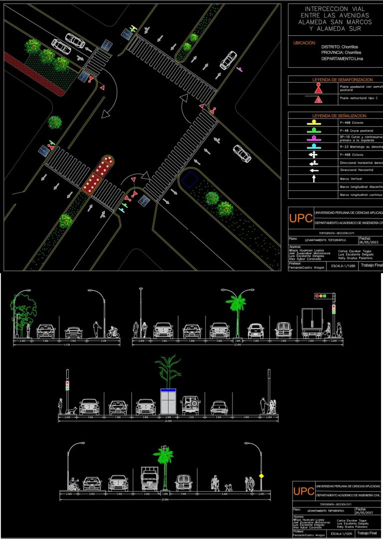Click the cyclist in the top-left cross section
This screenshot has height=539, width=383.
pyautogui.click(x=114, y=331)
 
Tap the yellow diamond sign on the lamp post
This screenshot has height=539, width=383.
pyautogui.click(x=260, y=475)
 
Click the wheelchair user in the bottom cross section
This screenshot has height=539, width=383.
pyautogui.click(x=74, y=483)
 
